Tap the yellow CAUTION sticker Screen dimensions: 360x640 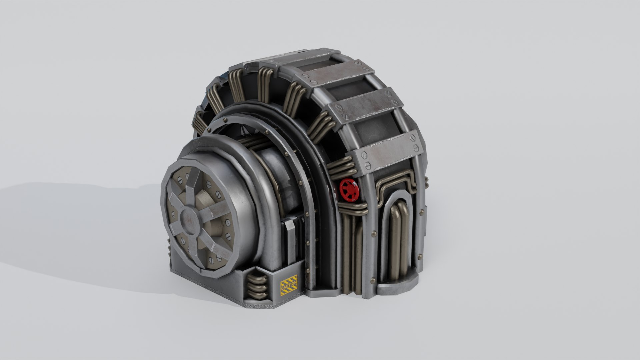coord(289,285)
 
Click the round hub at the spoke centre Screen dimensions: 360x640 coord(189,220)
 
